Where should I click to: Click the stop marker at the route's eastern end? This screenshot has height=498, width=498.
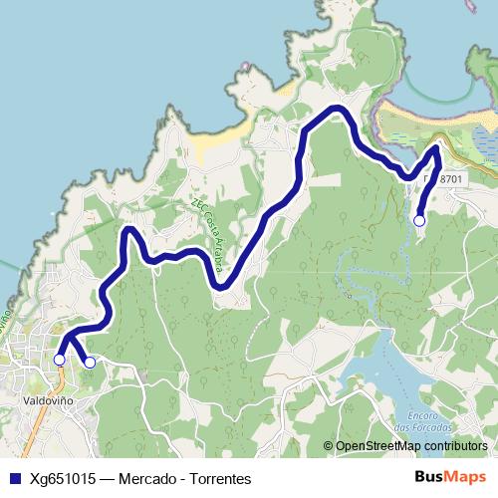419,220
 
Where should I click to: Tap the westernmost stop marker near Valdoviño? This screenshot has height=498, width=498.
59,359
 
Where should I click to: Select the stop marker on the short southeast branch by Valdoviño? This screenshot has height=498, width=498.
90,363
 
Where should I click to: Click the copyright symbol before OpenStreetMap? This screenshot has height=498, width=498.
328,446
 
